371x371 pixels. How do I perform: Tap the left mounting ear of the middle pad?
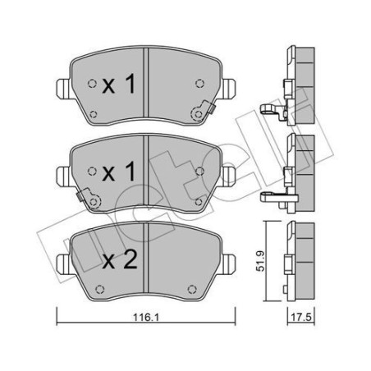[62, 174]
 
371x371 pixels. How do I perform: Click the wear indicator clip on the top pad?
[201, 114]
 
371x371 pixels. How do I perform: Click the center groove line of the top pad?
[145, 86]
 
